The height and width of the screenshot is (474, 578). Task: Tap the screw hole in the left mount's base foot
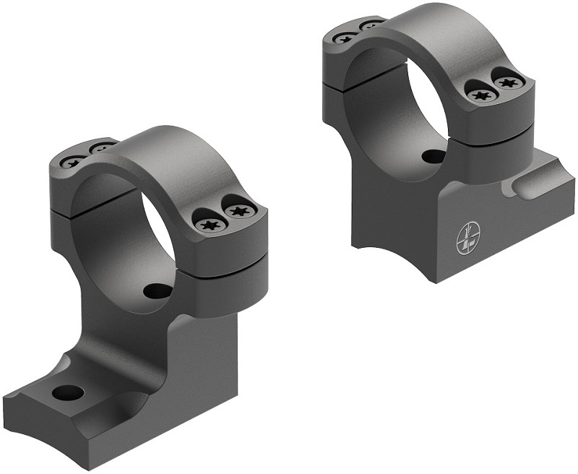[69, 393]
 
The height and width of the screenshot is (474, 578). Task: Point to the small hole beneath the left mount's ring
[155, 291]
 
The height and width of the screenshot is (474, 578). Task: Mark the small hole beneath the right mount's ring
[432, 155]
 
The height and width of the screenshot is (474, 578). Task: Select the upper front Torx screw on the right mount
[507, 81]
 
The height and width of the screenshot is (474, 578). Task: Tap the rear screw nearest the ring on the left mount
[100, 149]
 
